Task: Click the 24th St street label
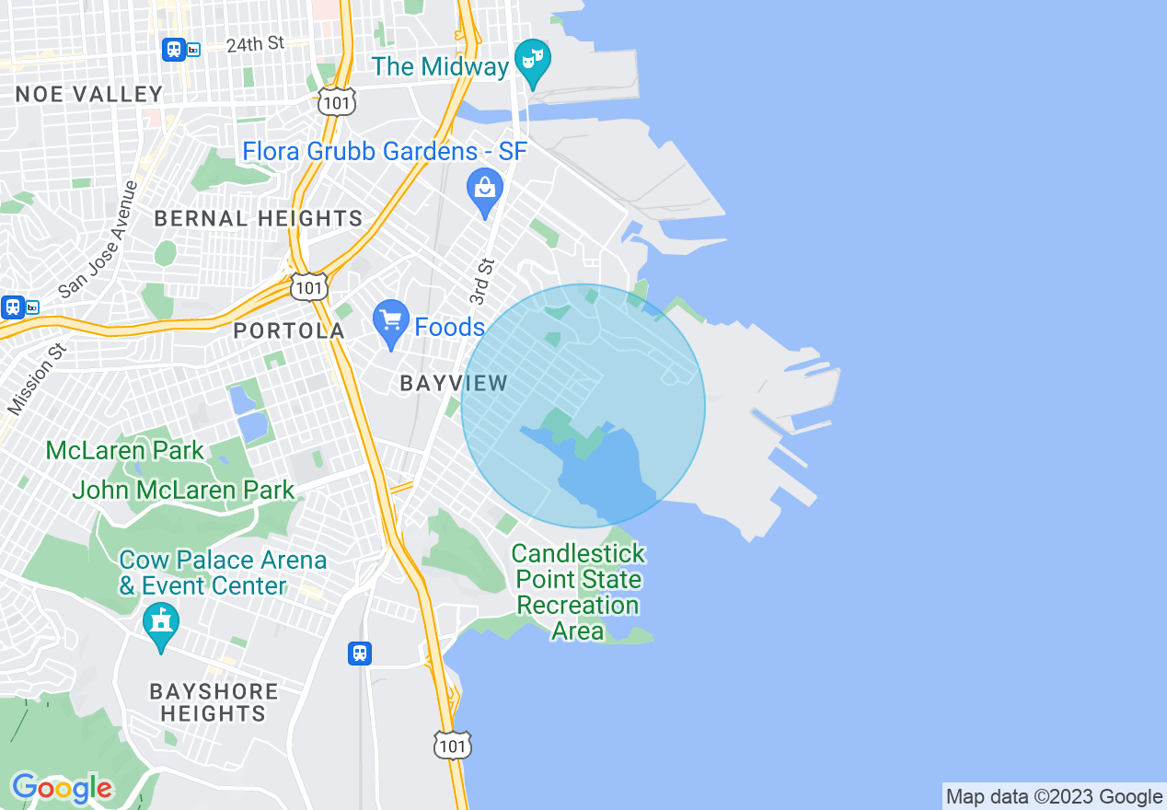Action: coord(256,44)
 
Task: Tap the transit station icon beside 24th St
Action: coord(173,49)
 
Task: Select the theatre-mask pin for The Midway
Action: coord(533,59)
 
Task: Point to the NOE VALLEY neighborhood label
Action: coord(89,94)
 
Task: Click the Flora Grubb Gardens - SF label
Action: coord(385,151)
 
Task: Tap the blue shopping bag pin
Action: coord(484,191)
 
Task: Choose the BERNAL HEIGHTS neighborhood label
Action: coord(259,218)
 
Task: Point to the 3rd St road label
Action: coord(482,282)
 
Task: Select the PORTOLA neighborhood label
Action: coord(289,330)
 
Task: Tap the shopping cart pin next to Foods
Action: coord(391,321)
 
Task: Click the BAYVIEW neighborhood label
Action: coord(454,384)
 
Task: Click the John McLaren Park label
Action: coord(183,490)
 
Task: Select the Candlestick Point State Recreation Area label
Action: coord(578,592)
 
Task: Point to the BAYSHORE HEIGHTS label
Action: coord(214,702)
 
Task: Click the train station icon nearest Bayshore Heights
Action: coord(360,654)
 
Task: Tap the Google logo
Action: coord(62,788)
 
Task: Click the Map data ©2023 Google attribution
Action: coord(1054,797)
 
